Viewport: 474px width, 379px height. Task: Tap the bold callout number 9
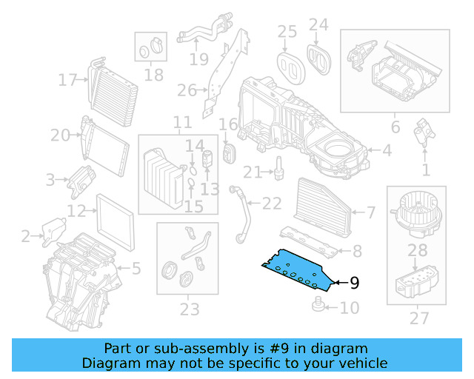[x=354, y=283]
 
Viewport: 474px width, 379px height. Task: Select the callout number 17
[x=68, y=79]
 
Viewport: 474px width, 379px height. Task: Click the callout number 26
[x=187, y=91]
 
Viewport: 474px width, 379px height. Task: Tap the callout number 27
[x=418, y=318]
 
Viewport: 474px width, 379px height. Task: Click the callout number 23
[x=189, y=309]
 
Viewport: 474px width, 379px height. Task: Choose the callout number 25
[x=287, y=31]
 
